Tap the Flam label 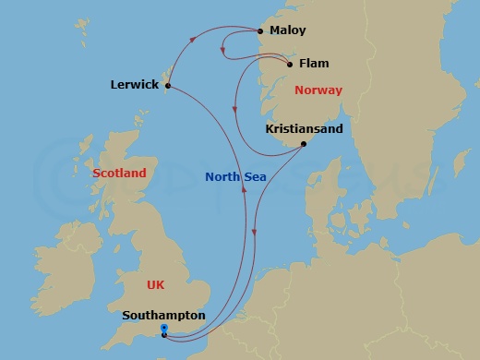coord(315,64)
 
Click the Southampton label coord(163,316)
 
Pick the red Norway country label coord(318,90)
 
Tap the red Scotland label coord(119,173)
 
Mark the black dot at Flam coord(290,65)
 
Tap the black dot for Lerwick coord(167,87)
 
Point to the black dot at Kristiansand coord(304,143)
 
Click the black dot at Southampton coord(163,334)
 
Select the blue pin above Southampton coord(163,328)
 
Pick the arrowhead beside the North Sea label coord(244,189)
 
